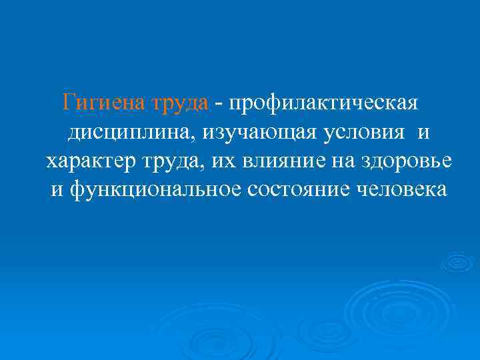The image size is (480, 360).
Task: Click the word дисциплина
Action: pos(123,133)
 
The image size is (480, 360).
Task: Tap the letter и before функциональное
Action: pos(57,190)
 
